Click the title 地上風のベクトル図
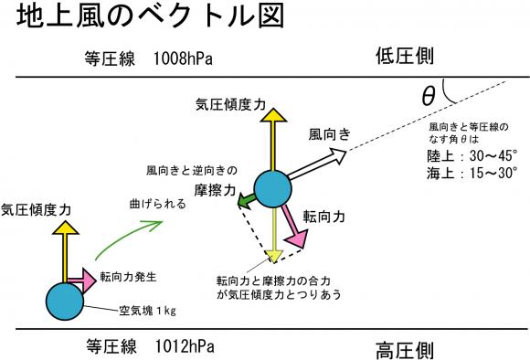point(151,16)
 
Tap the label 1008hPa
point(183,58)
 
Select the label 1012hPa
point(185,345)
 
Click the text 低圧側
point(405,56)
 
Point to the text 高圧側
point(405,350)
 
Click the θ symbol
point(429,96)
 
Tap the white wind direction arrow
point(317,164)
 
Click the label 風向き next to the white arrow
point(330,134)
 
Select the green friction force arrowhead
point(243,200)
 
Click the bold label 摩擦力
point(215,190)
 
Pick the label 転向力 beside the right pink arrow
point(323,217)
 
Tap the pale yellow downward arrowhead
point(273,256)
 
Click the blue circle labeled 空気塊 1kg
point(65,302)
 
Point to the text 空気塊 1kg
point(147,311)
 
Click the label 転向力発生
point(128,277)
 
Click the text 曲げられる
point(158,204)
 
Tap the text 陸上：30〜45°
point(472,156)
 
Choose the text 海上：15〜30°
point(472,173)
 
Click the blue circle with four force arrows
point(273,189)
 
